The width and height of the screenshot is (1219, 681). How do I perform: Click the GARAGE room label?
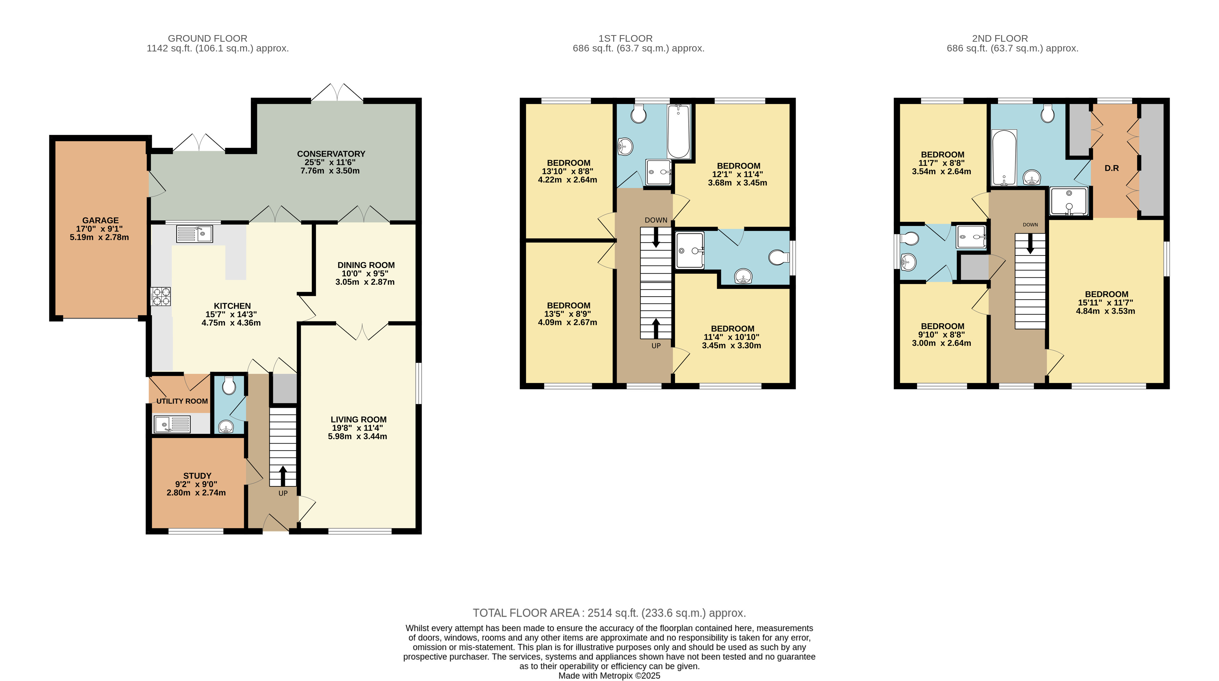[100, 220]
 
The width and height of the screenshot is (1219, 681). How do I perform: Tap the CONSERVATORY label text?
[331, 154]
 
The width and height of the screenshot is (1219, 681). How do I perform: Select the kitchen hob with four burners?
[161, 296]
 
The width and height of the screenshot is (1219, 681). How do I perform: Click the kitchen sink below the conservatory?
[195, 234]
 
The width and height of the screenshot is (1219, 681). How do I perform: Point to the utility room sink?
[172, 424]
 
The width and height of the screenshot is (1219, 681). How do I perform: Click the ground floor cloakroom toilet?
[229, 385]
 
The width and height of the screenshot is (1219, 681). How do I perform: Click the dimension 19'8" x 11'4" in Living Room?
[357, 428]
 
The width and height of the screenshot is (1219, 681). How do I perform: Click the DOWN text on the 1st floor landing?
[656, 220]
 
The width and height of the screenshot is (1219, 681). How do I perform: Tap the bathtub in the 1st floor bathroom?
[678, 131]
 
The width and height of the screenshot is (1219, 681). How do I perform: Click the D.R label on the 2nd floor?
[1112, 168]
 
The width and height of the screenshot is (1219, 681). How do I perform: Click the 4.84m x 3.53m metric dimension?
[1105, 311]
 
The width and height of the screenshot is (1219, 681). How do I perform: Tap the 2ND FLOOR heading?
[1000, 38]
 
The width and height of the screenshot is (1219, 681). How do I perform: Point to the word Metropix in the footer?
[616, 676]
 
